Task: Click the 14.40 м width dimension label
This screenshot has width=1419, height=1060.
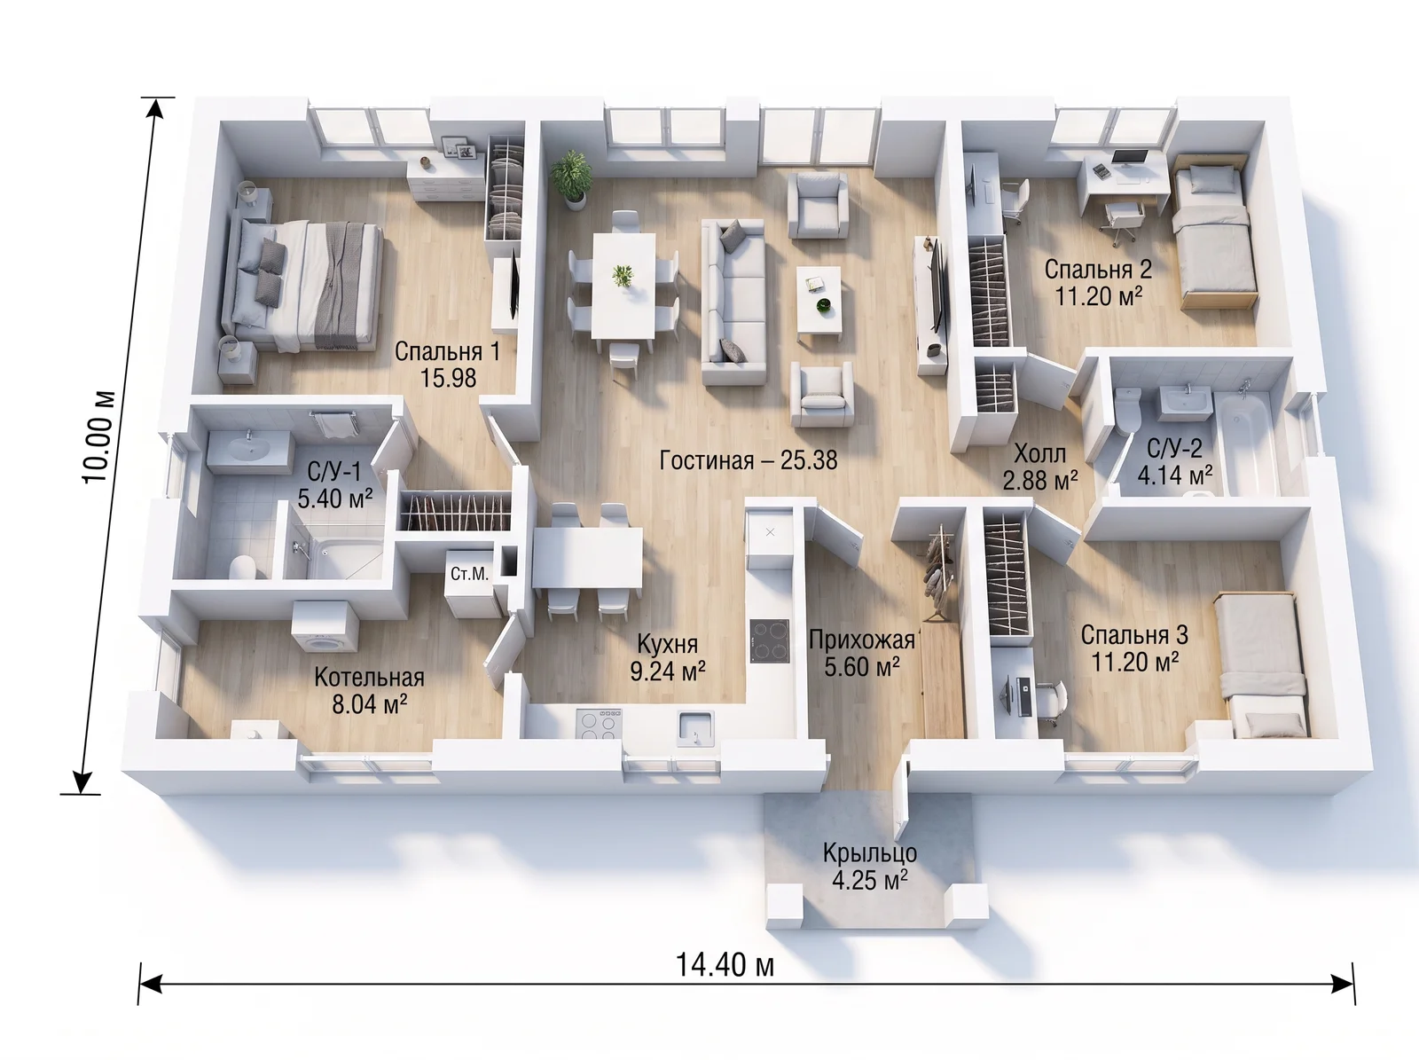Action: click(724, 966)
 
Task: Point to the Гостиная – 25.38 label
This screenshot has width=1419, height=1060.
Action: click(748, 460)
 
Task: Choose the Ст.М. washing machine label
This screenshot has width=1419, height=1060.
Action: click(469, 573)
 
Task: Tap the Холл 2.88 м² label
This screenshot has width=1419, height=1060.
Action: click(1040, 467)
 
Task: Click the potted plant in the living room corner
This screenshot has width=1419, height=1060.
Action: click(571, 177)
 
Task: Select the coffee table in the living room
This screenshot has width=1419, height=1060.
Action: click(819, 302)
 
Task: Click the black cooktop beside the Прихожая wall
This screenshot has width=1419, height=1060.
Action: click(769, 640)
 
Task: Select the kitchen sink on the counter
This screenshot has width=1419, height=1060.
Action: click(696, 728)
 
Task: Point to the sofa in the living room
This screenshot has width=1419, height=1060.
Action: click(734, 302)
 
